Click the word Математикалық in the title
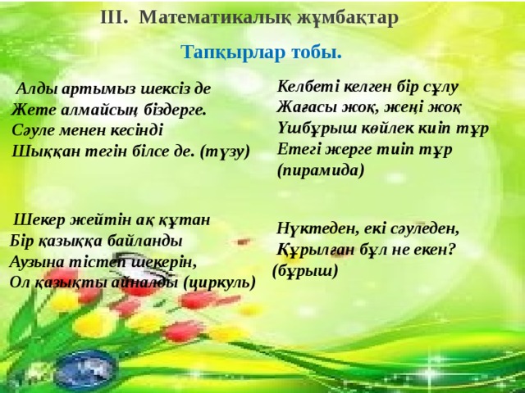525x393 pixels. (208, 17)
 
